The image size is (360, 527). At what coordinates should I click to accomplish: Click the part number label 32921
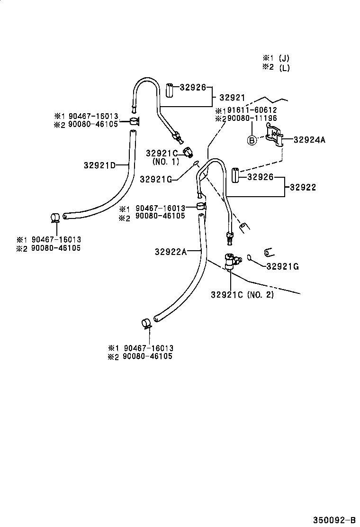point(232,98)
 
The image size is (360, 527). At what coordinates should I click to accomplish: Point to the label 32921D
point(99,165)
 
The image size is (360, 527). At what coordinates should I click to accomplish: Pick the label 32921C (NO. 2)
point(243,295)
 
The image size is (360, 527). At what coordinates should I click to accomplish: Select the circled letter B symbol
point(252,140)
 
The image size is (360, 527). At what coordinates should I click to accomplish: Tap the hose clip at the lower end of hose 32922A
point(146,324)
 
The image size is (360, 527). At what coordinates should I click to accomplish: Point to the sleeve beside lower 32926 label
point(235,176)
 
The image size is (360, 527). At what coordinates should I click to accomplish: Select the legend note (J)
point(284,58)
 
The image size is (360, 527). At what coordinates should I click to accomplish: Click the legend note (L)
point(284,67)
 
